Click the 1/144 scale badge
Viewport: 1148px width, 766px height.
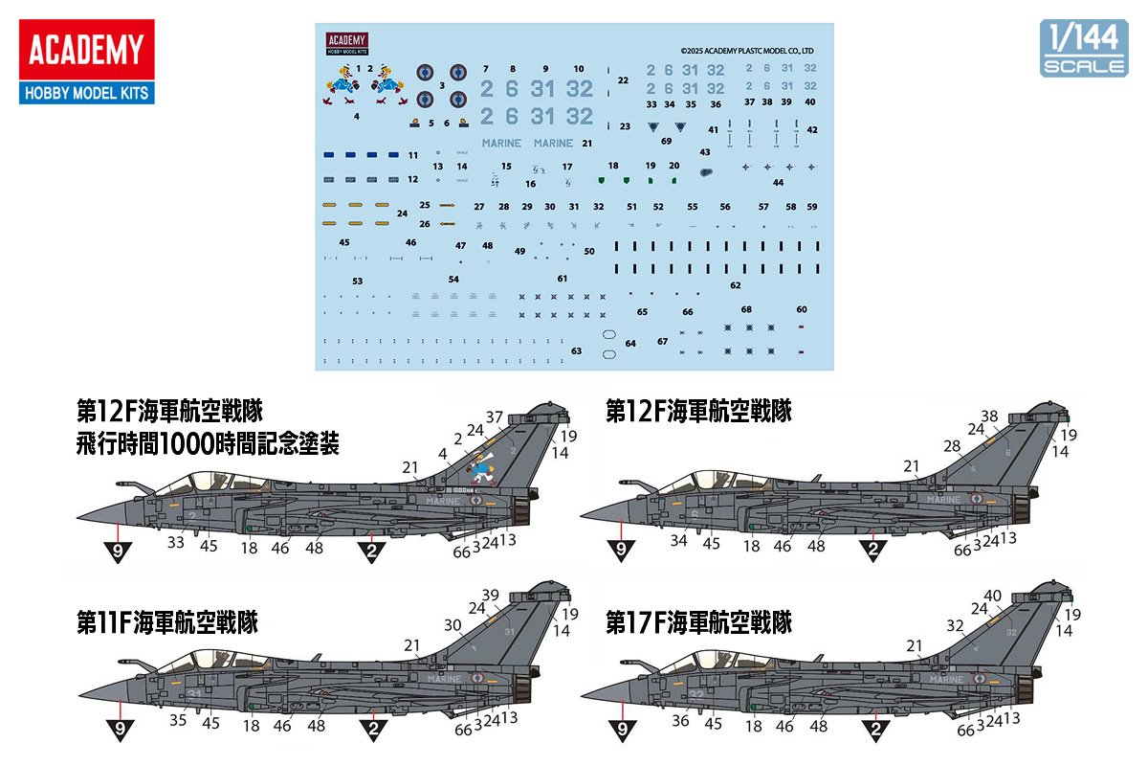(1083, 46)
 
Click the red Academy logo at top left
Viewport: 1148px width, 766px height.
(85, 51)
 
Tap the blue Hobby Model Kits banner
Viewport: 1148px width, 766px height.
(85, 93)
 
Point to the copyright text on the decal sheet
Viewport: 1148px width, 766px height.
(746, 51)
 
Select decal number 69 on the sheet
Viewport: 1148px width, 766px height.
(666, 141)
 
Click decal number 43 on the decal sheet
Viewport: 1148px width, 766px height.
(705, 152)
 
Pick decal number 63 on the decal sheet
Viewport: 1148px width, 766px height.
(576, 351)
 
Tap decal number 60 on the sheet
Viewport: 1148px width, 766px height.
(802, 309)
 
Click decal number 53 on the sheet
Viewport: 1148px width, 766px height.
(357, 282)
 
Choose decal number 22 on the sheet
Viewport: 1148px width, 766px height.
(623, 80)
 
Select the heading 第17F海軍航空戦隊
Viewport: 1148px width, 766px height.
(699, 623)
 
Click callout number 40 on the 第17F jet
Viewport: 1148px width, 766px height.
(992, 596)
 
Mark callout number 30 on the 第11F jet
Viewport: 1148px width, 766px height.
(453, 624)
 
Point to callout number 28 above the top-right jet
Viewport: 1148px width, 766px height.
(952, 446)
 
